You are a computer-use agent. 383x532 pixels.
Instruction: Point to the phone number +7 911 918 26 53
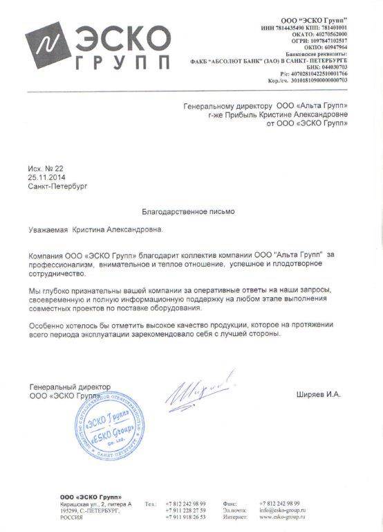(x=187, y=517)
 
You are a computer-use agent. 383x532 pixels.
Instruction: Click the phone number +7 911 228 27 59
(x=187, y=510)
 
